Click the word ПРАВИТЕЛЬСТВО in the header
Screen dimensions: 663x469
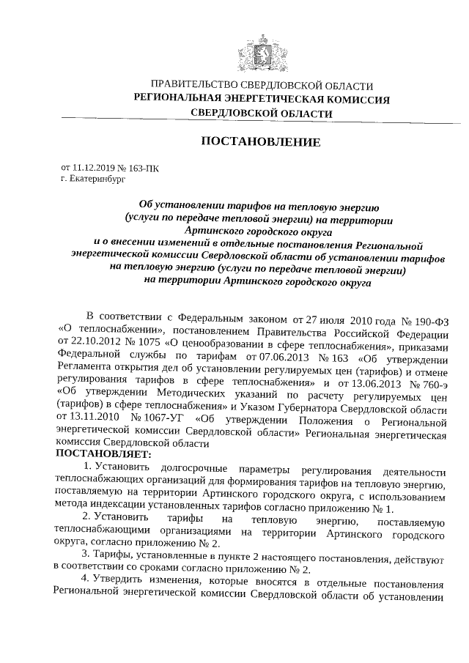193,86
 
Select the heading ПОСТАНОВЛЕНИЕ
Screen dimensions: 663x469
261,141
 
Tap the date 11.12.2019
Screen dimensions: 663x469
97,167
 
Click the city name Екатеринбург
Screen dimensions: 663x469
98,178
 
